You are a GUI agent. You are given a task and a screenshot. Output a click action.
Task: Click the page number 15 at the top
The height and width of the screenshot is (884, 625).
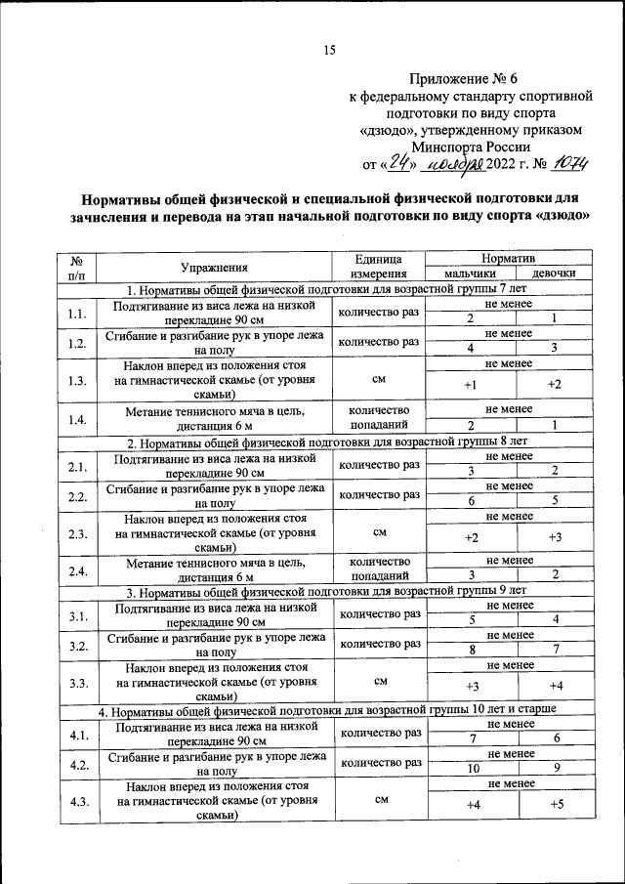coord(329,51)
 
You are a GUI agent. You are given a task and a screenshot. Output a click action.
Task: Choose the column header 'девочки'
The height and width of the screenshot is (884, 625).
coord(555,274)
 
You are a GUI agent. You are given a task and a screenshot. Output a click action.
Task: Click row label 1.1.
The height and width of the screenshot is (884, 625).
coord(77,314)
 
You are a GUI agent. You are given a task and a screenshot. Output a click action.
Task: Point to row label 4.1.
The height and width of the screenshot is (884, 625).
coord(77,734)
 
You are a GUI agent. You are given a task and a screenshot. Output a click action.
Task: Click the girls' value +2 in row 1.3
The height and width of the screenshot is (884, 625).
coord(555,385)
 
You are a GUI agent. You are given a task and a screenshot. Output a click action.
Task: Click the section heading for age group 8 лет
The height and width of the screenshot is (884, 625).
coord(326,442)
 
